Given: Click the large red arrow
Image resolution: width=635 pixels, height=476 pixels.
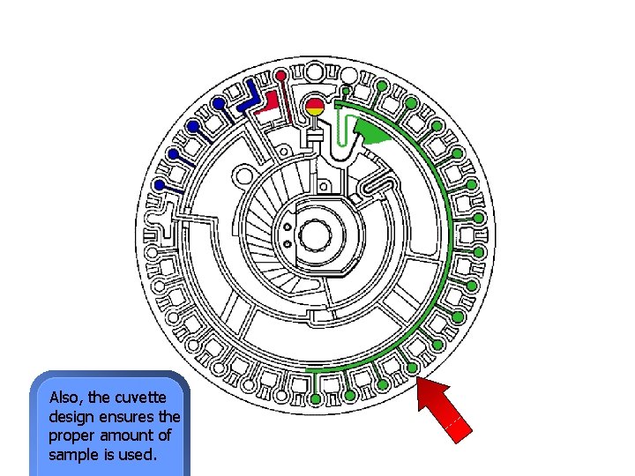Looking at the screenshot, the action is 448,408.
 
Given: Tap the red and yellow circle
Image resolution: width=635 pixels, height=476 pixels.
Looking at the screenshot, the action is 315,109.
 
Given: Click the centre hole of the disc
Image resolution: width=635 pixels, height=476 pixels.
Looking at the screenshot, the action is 316,234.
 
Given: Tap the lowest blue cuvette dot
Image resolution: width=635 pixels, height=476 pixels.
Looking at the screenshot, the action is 161,186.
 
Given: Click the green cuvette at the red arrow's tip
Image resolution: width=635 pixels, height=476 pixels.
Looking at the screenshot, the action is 411,368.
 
